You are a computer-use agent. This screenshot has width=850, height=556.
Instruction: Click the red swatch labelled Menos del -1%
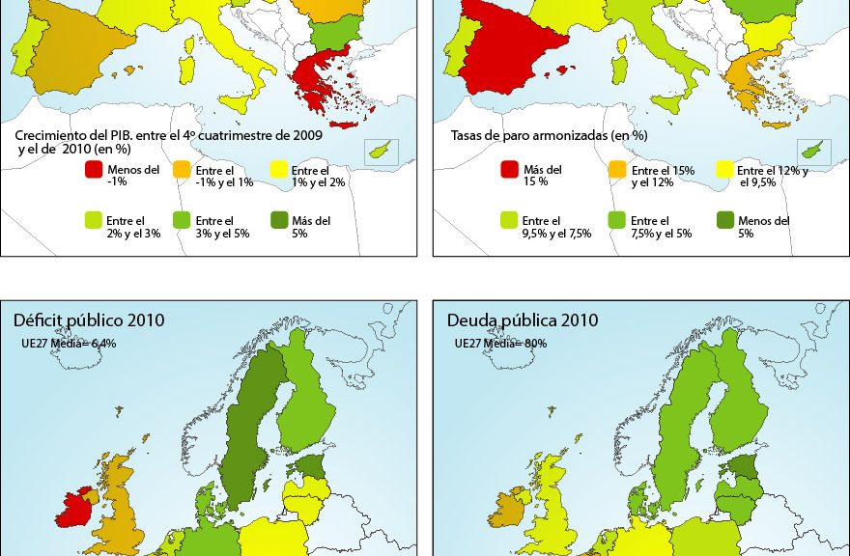point(94,170)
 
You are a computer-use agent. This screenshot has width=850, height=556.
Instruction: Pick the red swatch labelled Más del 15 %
point(510,170)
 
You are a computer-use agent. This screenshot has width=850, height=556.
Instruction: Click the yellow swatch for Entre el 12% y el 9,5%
point(724,170)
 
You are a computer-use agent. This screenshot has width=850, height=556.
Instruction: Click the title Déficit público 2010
point(88,320)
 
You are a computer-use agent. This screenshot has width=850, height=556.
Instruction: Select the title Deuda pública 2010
point(523,320)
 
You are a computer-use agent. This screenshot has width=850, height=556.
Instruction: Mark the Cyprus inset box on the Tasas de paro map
point(813,152)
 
